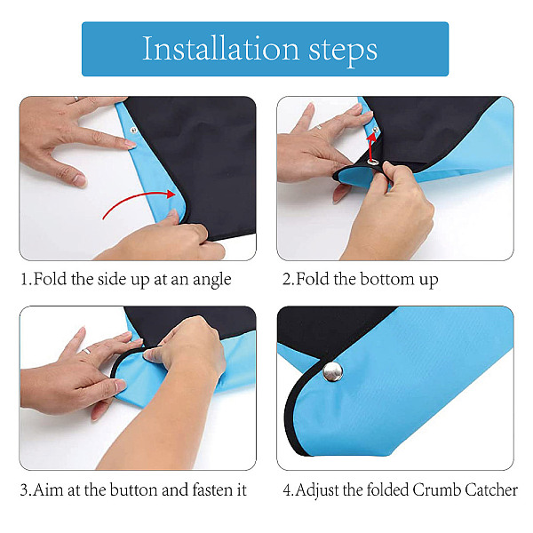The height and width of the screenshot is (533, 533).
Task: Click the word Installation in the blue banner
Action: click(220, 49)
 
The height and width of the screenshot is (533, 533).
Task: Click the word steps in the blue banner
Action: click(343, 51)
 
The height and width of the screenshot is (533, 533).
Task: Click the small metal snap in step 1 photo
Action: click(133, 129)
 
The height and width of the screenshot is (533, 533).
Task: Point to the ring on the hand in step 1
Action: click(76, 99)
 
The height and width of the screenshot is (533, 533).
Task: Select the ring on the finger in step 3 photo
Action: click(87, 351)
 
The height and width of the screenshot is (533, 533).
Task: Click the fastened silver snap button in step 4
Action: click(333, 371)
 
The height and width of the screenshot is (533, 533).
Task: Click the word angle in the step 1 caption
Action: click(212, 281)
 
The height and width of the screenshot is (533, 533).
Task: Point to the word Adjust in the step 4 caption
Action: click(317, 491)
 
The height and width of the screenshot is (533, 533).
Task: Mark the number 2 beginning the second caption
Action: click(287, 280)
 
